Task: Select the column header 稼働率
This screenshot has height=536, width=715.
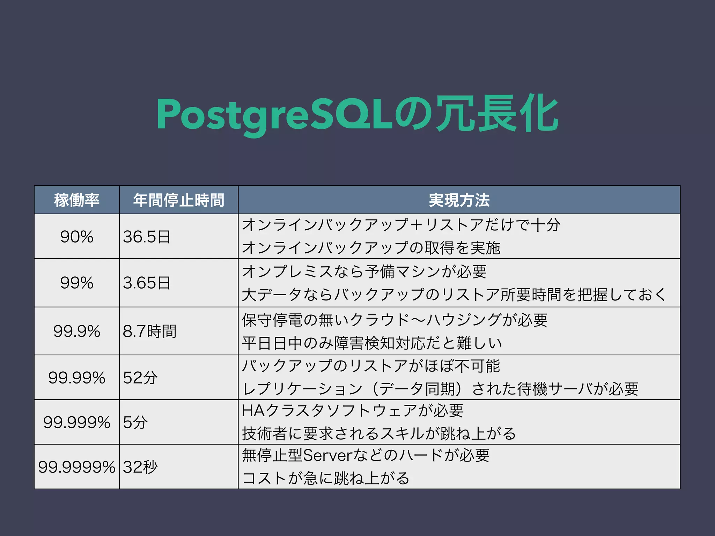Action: [x=77, y=200]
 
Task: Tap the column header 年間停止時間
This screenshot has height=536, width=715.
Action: [x=178, y=200]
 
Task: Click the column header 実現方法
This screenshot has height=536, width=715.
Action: [x=459, y=200]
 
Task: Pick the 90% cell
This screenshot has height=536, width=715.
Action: [x=77, y=237]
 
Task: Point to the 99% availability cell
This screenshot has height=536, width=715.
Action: [x=77, y=283]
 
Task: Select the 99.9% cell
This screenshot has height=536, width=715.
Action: [x=77, y=331]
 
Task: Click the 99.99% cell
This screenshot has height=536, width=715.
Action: [x=77, y=378]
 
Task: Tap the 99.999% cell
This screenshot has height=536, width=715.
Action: [x=77, y=422]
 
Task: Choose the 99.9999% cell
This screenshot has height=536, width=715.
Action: [x=77, y=467]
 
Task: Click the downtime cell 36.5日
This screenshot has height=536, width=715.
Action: [x=147, y=237]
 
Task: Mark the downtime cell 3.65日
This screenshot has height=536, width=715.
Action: [x=147, y=283]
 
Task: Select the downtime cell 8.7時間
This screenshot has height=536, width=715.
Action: [x=149, y=331]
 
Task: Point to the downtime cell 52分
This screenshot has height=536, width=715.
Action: [x=140, y=378]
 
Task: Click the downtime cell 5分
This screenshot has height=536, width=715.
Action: [x=135, y=422]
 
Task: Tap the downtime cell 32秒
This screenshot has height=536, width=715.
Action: [x=140, y=467]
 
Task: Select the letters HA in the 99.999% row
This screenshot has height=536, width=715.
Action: [x=253, y=411]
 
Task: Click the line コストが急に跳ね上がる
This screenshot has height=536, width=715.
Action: [x=326, y=478]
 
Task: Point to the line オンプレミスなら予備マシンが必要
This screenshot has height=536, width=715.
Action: [x=364, y=271]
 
